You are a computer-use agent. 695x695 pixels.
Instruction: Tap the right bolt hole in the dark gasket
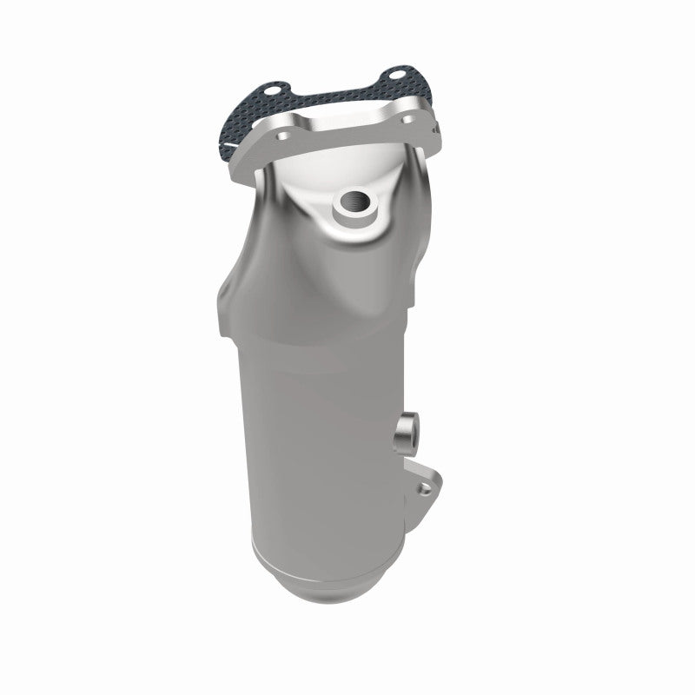point(397,75)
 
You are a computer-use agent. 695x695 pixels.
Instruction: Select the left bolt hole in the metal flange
point(284,136)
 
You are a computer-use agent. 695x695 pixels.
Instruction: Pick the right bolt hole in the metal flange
point(408,119)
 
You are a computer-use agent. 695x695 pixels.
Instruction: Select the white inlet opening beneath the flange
point(339,169)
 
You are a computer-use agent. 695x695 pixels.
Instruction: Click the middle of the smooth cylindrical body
point(321,417)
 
